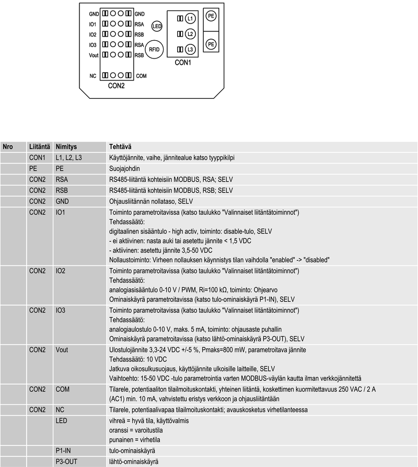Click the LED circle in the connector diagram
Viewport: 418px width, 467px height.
157,26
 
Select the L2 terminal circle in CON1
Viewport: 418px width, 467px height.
190,34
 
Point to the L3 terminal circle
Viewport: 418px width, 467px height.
190,49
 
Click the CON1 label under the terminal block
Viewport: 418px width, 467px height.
182,63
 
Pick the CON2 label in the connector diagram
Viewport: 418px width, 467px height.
116,86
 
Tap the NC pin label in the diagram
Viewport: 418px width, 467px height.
92,76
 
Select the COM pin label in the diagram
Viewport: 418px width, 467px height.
141,76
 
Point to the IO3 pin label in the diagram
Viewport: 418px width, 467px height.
92,44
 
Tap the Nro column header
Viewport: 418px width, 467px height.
8,147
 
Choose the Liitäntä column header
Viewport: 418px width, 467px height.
40,147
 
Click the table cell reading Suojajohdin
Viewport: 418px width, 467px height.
124,169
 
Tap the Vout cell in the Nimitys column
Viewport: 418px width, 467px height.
62,349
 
